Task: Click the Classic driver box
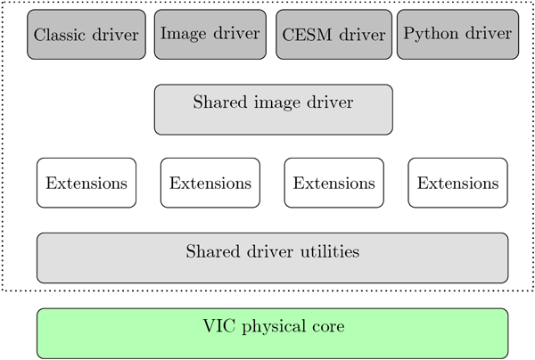pos(86,35)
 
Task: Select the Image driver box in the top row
pos(210,35)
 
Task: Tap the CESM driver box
pos(333,35)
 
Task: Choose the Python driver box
pos(457,35)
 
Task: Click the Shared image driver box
pos(273,110)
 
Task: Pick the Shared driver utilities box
pos(272,258)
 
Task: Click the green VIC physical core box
pos(272,332)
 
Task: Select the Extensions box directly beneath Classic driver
pos(86,183)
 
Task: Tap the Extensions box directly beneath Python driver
pos(457,183)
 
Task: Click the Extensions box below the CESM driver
pos(333,183)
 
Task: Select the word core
pos(326,326)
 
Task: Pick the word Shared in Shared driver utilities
pos(211,252)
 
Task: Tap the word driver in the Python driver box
pos(490,35)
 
